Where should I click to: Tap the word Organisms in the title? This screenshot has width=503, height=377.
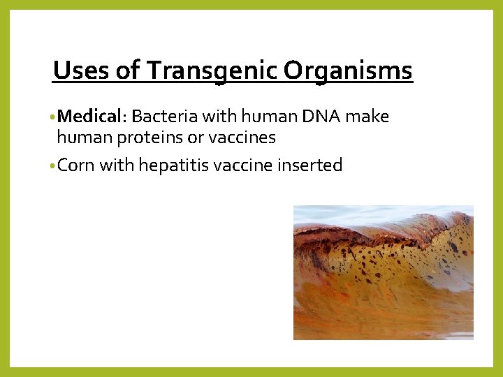click(349, 71)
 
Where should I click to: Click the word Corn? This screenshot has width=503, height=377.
click(76, 165)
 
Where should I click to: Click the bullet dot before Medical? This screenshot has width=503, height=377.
click(53, 117)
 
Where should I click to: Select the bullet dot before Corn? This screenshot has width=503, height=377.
click(53, 166)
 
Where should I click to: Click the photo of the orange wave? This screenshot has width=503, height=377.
click(383, 272)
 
